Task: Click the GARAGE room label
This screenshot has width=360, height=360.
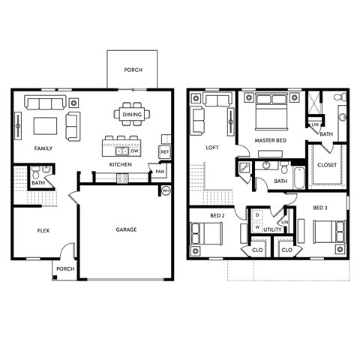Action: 125,229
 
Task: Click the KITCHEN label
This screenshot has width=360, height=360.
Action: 121,163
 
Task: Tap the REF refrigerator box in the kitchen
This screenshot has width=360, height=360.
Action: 164,151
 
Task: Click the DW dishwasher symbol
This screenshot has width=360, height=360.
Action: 135,150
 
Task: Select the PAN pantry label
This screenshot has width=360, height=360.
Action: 160,171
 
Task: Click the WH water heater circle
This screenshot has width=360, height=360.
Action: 166,191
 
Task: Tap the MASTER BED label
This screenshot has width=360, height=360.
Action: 268,140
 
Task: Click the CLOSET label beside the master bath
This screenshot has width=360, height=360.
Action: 327,164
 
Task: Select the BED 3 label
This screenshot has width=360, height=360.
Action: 319,206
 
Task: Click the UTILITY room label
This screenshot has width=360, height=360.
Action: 272,229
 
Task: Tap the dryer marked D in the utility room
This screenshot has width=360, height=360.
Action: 257,215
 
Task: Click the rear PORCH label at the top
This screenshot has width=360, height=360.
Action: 133,70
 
